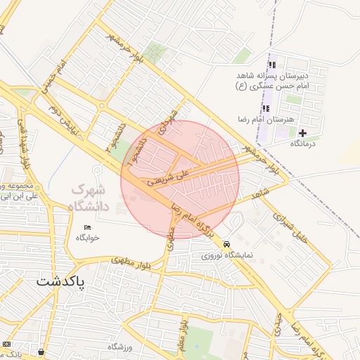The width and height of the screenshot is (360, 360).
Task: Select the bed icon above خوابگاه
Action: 87,227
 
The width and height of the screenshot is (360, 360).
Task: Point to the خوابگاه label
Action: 88,238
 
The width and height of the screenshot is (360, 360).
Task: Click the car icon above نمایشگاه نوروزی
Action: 226,244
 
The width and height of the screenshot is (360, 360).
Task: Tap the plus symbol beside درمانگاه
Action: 302,133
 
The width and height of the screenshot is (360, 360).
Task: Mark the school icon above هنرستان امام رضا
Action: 267,108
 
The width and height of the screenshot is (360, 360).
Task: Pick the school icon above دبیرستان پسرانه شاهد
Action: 272,65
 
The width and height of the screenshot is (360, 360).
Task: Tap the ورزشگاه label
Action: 120,347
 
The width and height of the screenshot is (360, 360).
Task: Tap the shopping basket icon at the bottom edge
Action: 41,352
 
